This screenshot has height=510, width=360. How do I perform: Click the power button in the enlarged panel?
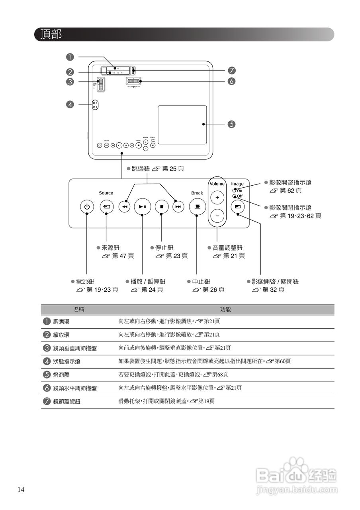tap(87, 207)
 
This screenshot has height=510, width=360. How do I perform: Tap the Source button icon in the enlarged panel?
tap(106, 207)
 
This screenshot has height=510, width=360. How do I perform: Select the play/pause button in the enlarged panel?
tap(142, 207)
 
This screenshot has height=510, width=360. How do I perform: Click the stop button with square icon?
tap(162, 207)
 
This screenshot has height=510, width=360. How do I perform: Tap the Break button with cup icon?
tap(197, 207)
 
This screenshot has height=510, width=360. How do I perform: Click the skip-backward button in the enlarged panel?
tap(125, 207)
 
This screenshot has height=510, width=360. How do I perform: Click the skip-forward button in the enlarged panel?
tap(178, 207)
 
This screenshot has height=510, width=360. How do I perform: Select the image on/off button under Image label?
tap(238, 207)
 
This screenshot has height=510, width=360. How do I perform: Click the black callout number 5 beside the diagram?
tap(231, 124)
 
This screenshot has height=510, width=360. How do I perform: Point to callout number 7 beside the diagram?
tap(231, 71)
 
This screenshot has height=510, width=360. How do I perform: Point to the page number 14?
tap(21, 489)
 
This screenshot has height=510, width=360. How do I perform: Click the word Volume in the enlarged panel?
tap(217, 184)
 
